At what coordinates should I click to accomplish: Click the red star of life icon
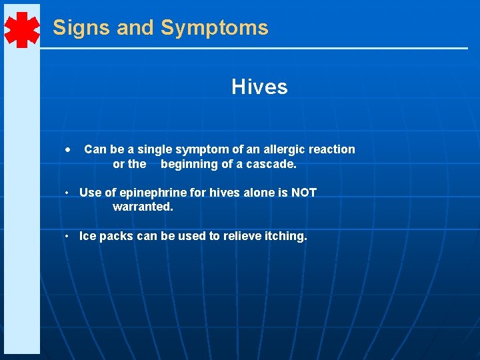22,29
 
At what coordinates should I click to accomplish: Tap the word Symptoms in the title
215,28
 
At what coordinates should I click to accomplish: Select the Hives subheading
259,87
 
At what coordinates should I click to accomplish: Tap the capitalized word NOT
304,193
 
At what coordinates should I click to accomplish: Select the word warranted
143,207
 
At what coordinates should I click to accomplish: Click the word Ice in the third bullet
88,236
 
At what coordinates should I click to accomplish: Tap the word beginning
191,164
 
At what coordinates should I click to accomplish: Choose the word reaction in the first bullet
331,149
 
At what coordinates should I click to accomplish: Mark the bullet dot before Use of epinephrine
69,193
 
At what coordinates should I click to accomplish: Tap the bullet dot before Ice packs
69,237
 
